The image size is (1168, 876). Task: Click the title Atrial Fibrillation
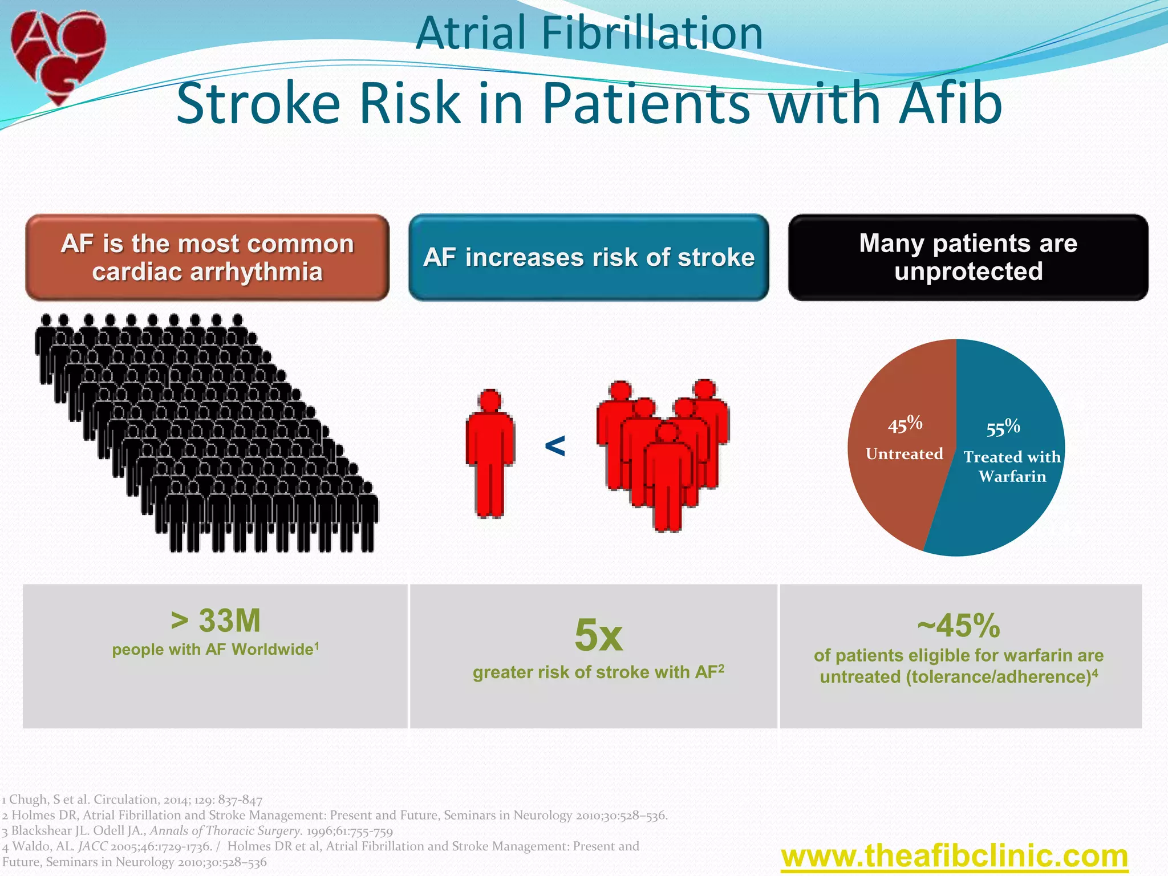click(x=589, y=33)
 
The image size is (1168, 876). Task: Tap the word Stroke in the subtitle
click(x=258, y=104)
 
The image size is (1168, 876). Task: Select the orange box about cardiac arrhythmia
click(x=208, y=258)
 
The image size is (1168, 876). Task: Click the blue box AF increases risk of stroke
click(x=589, y=258)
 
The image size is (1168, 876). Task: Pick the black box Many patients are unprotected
click(x=968, y=258)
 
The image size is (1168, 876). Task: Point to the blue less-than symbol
click(x=555, y=445)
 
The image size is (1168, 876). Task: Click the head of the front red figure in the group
click(x=667, y=432)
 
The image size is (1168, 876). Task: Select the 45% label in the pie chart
click(x=905, y=424)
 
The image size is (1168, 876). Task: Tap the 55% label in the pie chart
click(x=1003, y=427)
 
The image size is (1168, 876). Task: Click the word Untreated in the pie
click(x=904, y=454)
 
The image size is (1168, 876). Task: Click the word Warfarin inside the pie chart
click(x=1012, y=477)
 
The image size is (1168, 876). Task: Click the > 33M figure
click(x=216, y=620)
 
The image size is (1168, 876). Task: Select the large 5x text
click(x=598, y=635)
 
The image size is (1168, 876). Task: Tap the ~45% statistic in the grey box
click(x=959, y=626)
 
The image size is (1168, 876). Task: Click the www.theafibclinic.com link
click(x=954, y=856)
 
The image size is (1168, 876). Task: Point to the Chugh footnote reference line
click(x=132, y=800)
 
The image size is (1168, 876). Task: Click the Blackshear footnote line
click(x=197, y=831)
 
